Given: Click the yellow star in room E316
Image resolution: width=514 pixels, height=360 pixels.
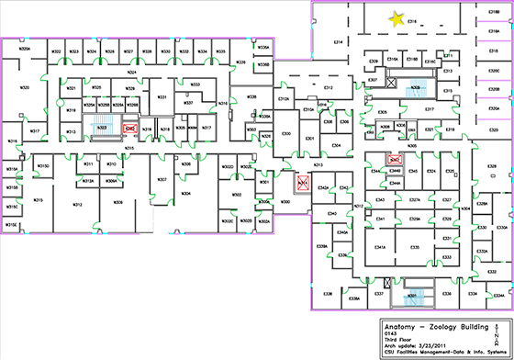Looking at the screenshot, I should (x=397, y=18).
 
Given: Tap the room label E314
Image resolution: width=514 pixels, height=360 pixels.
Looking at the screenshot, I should (x=338, y=42).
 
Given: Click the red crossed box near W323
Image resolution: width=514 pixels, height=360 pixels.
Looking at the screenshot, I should (x=130, y=129).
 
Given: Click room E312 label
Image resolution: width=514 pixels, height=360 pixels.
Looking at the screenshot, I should (x=328, y=87).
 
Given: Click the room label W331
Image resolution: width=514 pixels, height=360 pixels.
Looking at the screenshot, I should (x=162, y=96).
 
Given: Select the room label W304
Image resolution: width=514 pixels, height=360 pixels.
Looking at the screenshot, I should (x=185, y=194).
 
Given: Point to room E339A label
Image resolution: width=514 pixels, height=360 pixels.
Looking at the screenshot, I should (x=322, y=247).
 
